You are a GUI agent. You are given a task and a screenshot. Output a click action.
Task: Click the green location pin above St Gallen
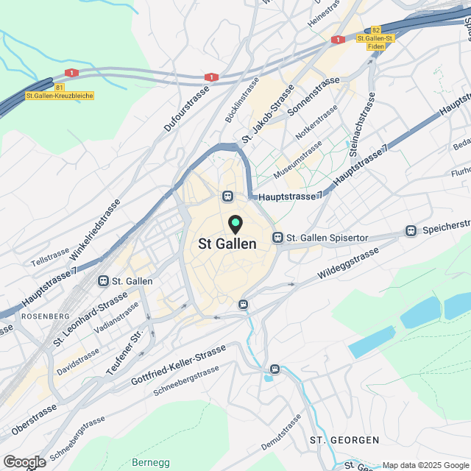click(x=235, y=224)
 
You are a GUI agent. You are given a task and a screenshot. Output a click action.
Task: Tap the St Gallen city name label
click(x=227, y=244)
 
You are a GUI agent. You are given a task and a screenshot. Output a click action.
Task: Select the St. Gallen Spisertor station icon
click(x=277, y=237)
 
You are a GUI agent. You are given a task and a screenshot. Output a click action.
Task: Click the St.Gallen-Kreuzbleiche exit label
click(x=60, y=96)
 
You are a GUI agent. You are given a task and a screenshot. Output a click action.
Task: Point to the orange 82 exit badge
click(x=376, y=29)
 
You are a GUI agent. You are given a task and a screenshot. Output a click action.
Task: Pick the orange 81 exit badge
click(x=49, y=87)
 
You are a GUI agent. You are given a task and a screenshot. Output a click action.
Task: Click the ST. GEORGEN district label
click(x=344, y=440)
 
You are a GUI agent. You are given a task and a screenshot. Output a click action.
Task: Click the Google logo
click(x=24, y=461)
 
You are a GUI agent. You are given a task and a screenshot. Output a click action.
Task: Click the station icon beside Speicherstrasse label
click(x=410, y=231)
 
